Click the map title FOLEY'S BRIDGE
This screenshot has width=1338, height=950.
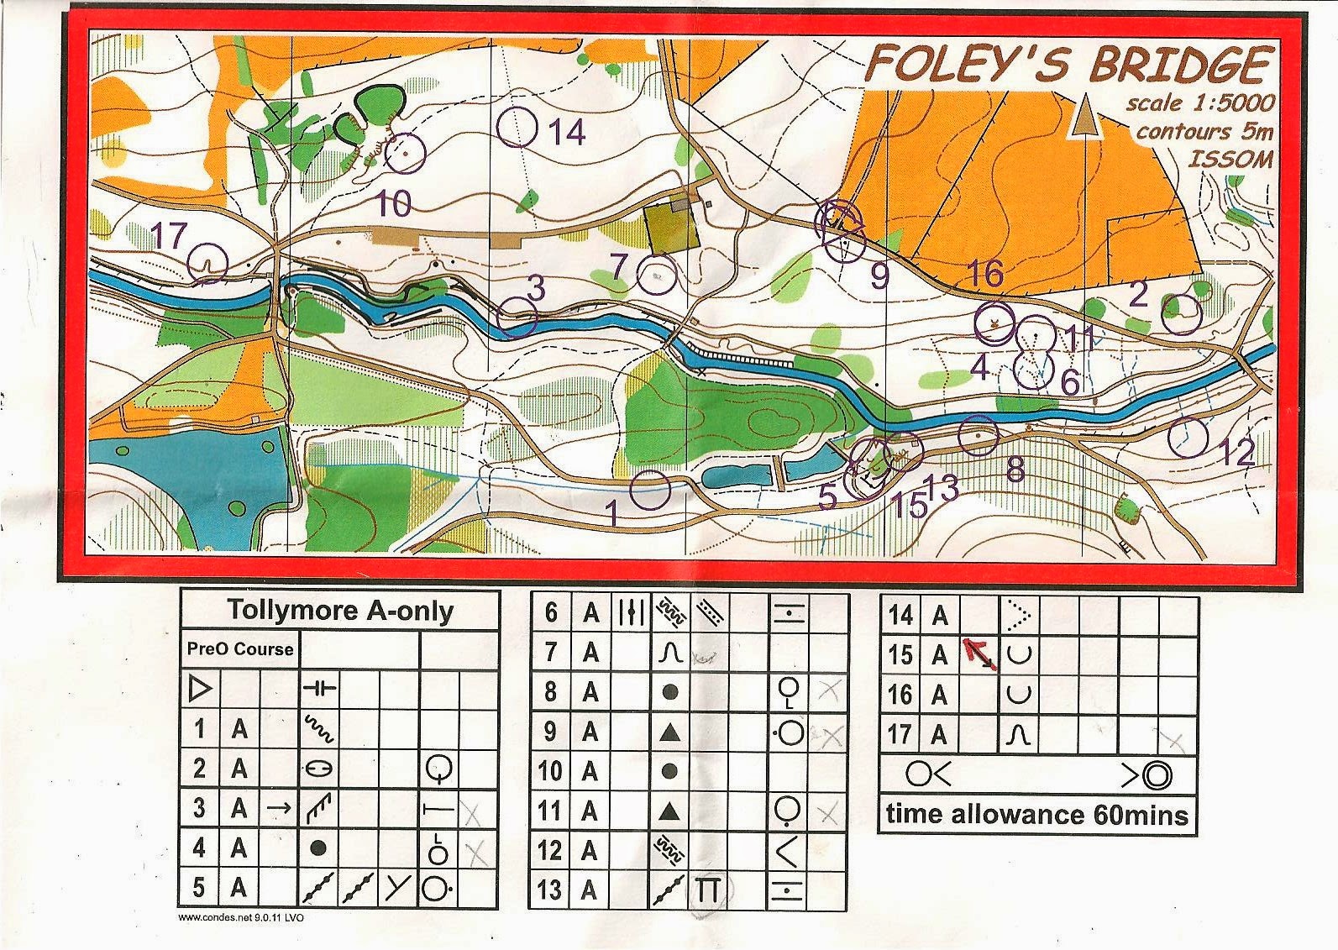click(1068, 64)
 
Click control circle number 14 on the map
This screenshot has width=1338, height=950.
click(517, 128)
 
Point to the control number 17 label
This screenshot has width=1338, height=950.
click(167, 236)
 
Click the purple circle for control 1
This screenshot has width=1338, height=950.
click(650, 490)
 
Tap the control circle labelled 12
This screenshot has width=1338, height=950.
click(1188, 437)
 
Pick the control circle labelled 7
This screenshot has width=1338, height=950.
click(657, 275)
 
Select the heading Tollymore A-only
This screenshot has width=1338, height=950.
click(340, 611)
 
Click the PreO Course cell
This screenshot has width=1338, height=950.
click(240, 649)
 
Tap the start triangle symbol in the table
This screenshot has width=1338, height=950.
click(200, 690)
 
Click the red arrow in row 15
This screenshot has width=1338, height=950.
click(979, 653)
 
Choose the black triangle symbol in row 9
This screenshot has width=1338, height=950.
click(669, 732)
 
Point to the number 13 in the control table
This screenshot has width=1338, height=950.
click(549, 889)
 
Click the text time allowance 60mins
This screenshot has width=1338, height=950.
click(1036, 815)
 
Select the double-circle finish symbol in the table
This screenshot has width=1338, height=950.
click(1157, 774)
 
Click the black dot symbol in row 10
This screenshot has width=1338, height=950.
click(669, 771)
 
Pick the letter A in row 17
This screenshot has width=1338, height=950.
click(939, 736)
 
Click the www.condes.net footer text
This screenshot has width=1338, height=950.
click(241, 917)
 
